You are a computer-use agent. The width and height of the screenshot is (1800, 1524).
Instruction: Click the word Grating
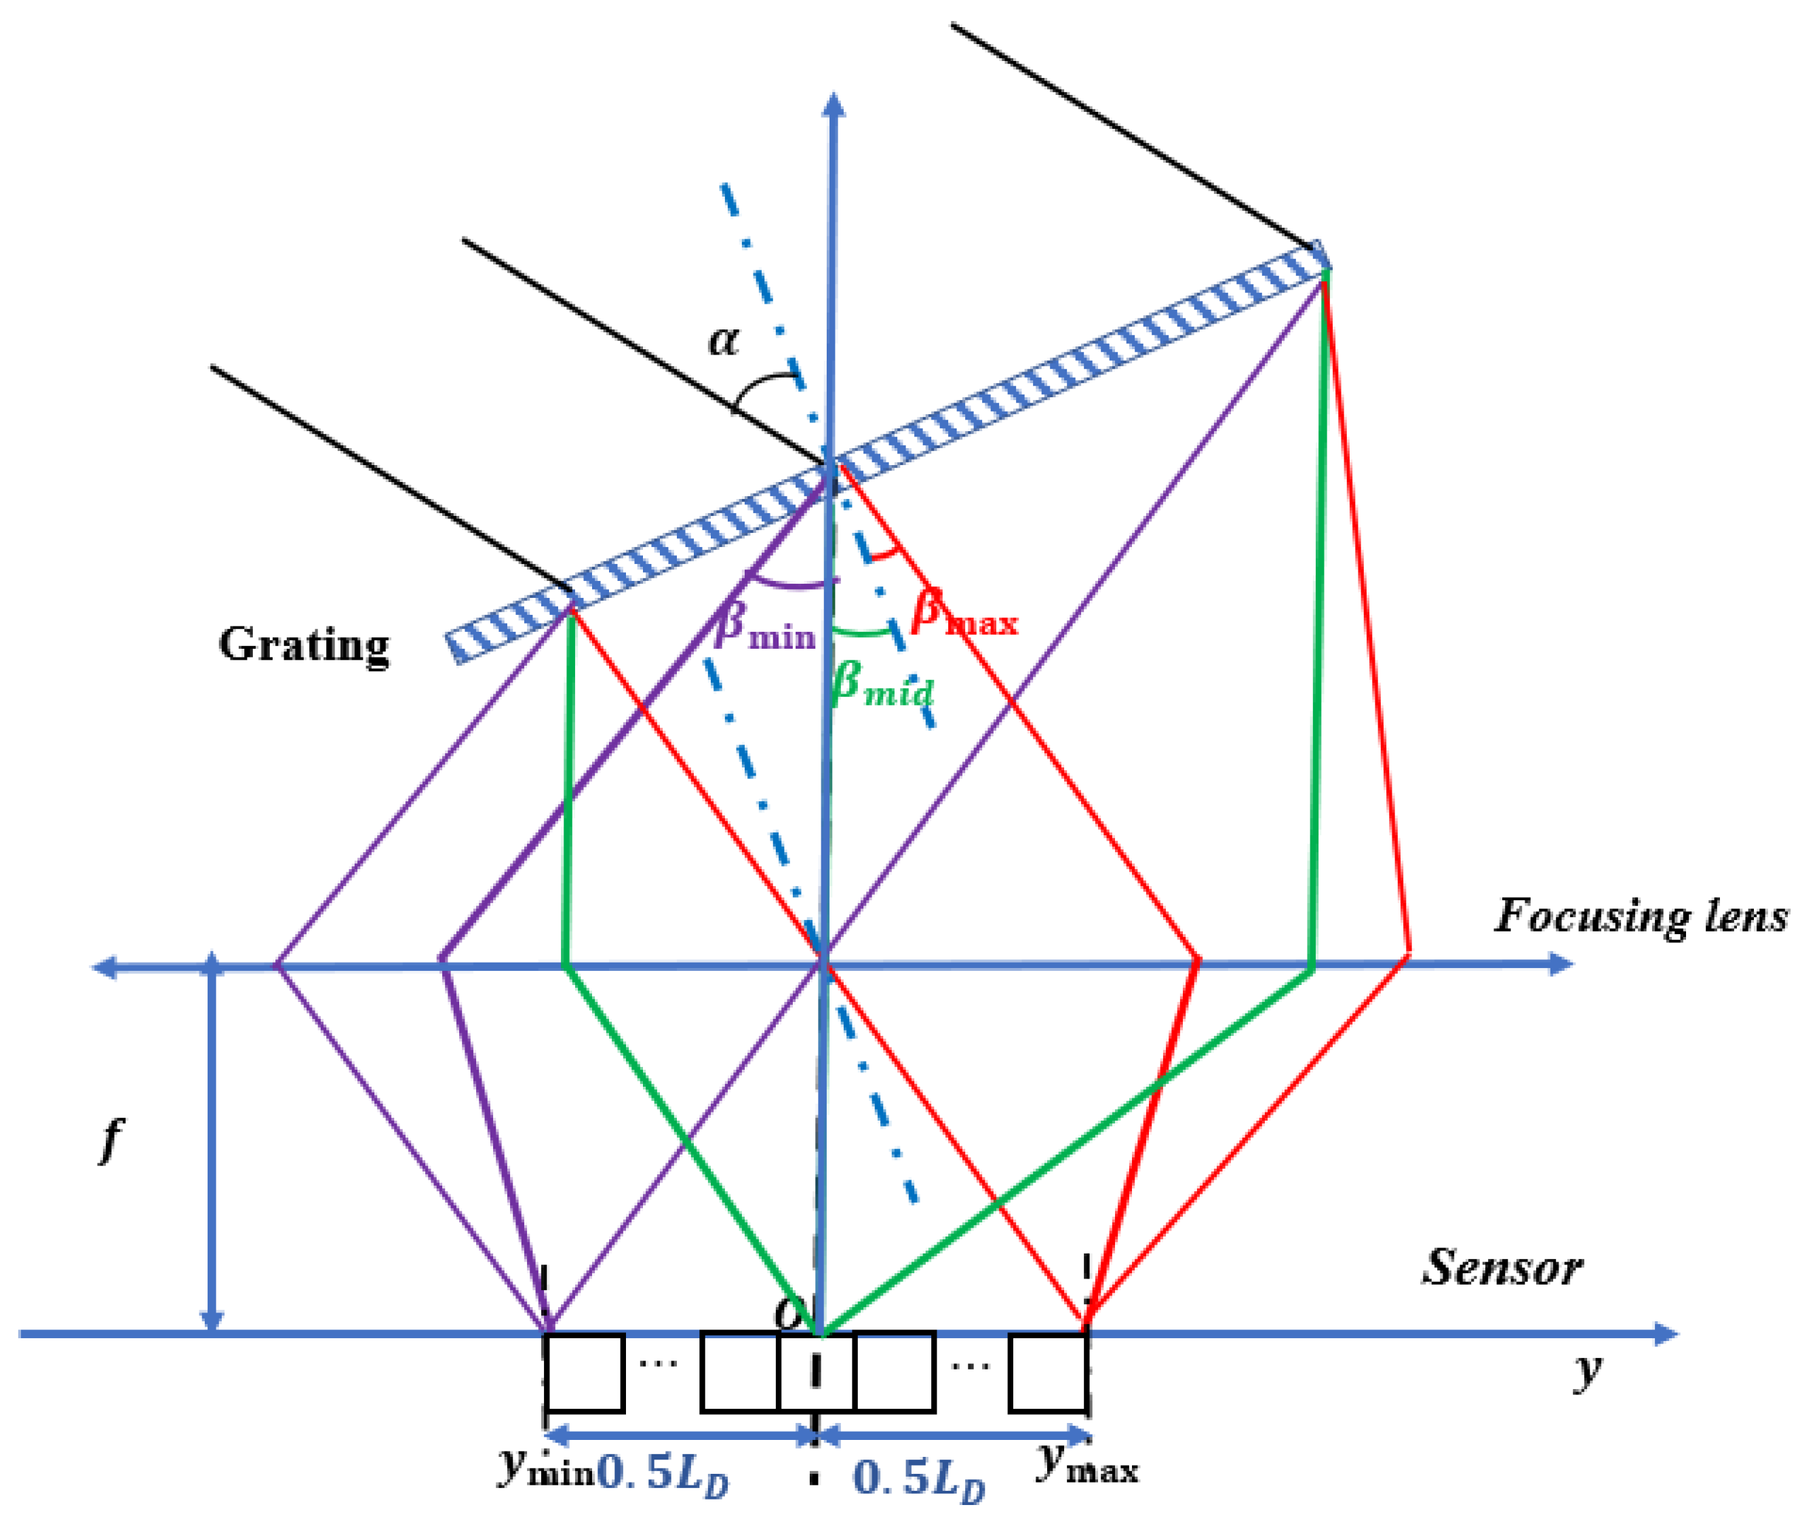pyautogui.click(x=303, y=645)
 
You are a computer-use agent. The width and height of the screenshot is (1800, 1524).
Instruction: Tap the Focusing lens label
pyautogui.click(x=1640, y=916)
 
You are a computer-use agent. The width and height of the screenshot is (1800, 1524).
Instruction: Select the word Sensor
pyautogui.click(x=1502, y=1268)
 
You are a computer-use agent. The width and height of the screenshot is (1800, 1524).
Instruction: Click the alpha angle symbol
pyautogui.click(x=723, y=340)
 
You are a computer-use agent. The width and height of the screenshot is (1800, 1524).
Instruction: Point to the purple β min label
pyautogui.click(x=765, y=626)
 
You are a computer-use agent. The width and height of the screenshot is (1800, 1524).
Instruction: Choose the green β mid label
pyautogui.click(x=882, y=689)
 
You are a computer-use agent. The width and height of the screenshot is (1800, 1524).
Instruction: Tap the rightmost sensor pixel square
pyautogui.click(x=1047, y=1373)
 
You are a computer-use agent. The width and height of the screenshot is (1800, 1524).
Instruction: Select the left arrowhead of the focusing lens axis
pyautogui.click(x=104, y=967)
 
